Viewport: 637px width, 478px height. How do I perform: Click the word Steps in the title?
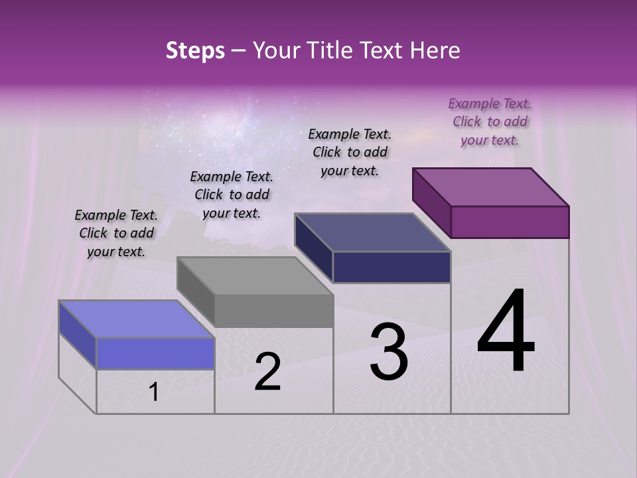195,50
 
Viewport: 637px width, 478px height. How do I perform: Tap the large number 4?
506,332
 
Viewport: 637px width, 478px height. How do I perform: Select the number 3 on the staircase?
389,352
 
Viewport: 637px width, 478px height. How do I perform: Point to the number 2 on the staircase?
267,372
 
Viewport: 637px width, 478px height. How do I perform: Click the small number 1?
154,392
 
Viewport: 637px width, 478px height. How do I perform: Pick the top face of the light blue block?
137,319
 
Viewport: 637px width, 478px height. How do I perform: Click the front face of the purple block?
510,222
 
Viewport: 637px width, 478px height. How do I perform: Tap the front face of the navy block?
391,268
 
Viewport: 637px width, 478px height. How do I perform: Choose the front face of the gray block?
274,311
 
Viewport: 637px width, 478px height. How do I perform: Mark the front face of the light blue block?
155,353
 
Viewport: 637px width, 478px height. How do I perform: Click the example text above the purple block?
490,121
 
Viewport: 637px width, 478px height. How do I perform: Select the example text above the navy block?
350,152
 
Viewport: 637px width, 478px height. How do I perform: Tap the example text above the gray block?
232,195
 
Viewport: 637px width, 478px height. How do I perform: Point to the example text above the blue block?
116,233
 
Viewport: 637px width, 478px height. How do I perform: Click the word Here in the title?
435,50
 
